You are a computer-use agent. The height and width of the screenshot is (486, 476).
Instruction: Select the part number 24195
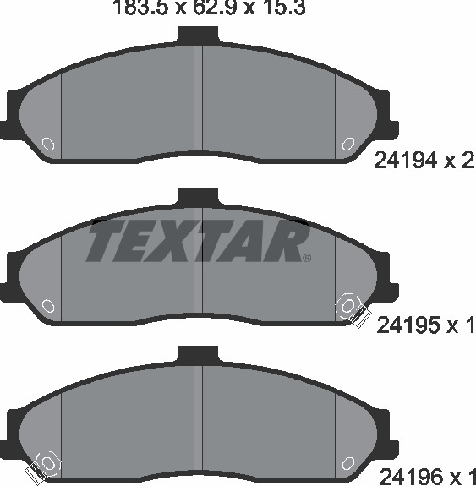point(408,325)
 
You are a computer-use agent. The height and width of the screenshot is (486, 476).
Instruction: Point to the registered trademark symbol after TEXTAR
point(306,258)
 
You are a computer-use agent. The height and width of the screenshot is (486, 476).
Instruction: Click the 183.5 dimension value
point(142,8)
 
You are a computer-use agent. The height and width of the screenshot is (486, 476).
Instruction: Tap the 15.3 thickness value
point(283,8)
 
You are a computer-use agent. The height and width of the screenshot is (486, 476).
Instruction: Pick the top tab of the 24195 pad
point(198,197)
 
